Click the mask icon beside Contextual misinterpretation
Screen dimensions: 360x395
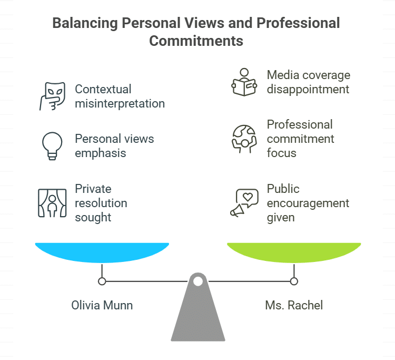pyautogui.click(x=52, y=96)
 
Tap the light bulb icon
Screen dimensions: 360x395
pyautogui.click(x=52, y=145)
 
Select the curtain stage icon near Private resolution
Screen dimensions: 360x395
pyautogui.click(x=52, y=203)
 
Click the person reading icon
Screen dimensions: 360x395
pyautogui.click(x=244, y=82)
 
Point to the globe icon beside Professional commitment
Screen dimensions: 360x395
pyautogui.click(x=244, y=138)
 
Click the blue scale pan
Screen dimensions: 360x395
pyautogui.click(x=102, y=252)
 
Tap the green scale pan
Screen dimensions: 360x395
pyautogui.click(x=294, y=252)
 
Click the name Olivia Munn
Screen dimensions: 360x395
pyautogui.click(x=102, y=305)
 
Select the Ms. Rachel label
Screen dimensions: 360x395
pyautogui.click(x=294, y=305)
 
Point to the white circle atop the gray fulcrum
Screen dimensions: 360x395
pyautogui.click(x=197, y=281)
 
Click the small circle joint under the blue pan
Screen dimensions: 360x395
pyautogui.click(x=102, y=281)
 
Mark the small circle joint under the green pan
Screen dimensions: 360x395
pyautogui.click(x=294, y=281)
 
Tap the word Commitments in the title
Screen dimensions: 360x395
pyautogui.click(x=196, y=41)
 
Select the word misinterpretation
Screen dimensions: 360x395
pyautogui.click(x=120, y=103)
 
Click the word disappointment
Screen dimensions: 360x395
pyautogui.click(x=308, y=89)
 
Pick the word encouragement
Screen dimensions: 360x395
pyautogui.click(x=308, y=203)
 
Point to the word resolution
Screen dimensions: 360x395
pyautogui.click(x=101, y=203)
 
